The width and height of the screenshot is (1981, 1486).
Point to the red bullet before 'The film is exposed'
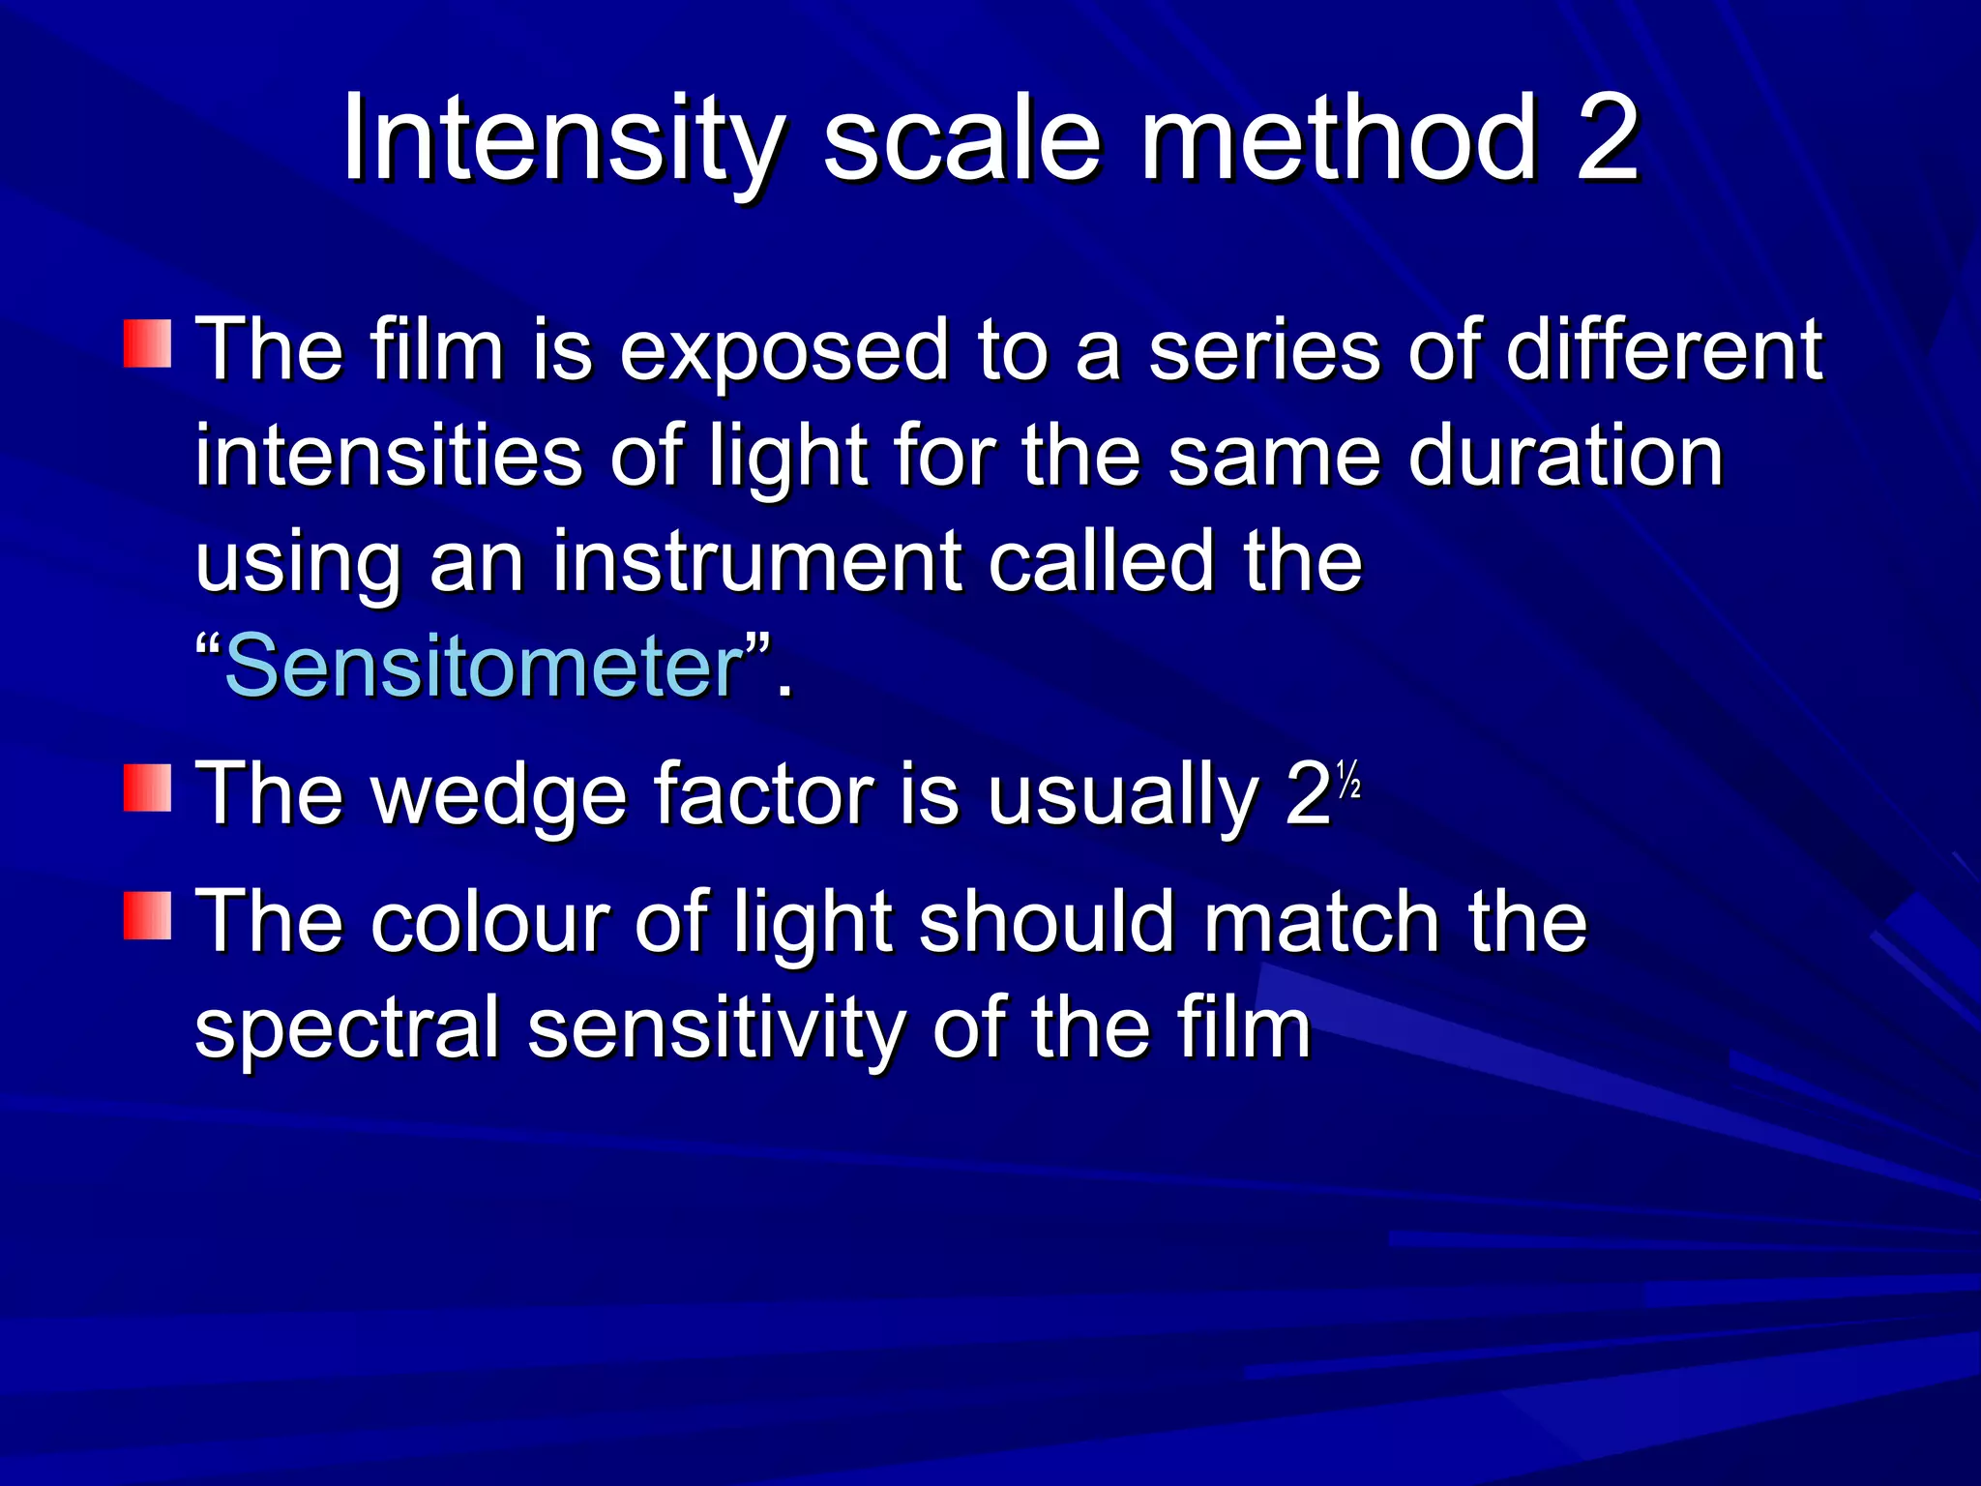(x=147, y=344)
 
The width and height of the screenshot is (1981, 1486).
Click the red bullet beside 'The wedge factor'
(x=147, y=788)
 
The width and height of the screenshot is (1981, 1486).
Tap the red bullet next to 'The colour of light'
(x=147, y=915)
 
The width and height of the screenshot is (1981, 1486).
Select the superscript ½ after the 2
(x=1348, y=779)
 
